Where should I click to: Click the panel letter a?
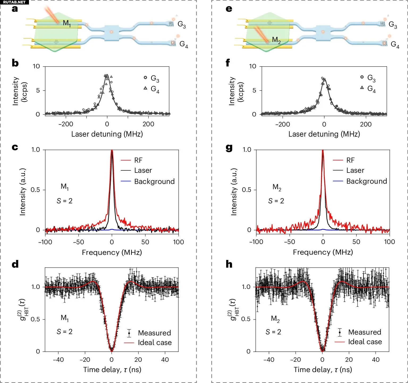click(x=15, y=9)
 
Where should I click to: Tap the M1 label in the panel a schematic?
click(x=67, y=23)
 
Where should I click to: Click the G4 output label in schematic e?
click(x=395, y=44)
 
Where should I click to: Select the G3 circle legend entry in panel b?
click(x=152, y=78)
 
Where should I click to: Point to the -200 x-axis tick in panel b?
click(x=66, y=124)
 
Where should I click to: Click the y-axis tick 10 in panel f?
click(x=253, y=66)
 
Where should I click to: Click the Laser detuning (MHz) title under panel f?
click(x=324, y=134)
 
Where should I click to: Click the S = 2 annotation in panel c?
click(x=65, y=201)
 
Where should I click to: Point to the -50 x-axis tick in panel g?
click(x=289, y=242)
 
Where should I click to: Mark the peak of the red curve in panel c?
click(x=112, y=150)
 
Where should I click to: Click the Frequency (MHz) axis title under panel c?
click(x=112, y=252)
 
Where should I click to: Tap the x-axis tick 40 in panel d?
click(x=165, y=360)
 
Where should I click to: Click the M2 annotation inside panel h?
click(x=275, y=319)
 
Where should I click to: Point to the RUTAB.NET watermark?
click(x=14, y=2)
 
